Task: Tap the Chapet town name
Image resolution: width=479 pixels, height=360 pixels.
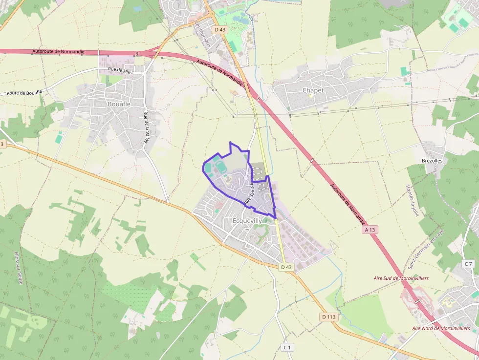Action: click(x=313, y=90)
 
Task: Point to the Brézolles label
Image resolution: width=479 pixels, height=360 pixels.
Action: click(x=432, y=161)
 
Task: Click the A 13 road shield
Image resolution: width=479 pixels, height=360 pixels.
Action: click(x=371, y=229)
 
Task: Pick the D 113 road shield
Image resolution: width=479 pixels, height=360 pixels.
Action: click(x=329, y=317)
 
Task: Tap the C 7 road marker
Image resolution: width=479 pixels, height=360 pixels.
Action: click(x=468, y=264)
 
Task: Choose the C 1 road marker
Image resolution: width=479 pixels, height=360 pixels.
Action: click(x=287, y=347)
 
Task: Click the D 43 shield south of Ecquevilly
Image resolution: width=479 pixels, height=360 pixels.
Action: click(x=286, y=267)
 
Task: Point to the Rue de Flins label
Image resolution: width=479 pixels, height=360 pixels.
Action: click(x=120, y=70)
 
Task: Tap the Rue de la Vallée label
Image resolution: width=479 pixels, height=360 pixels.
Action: click(x=146, y=127)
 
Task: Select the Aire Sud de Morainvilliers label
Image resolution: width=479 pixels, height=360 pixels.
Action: click(x=401, y=278)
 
